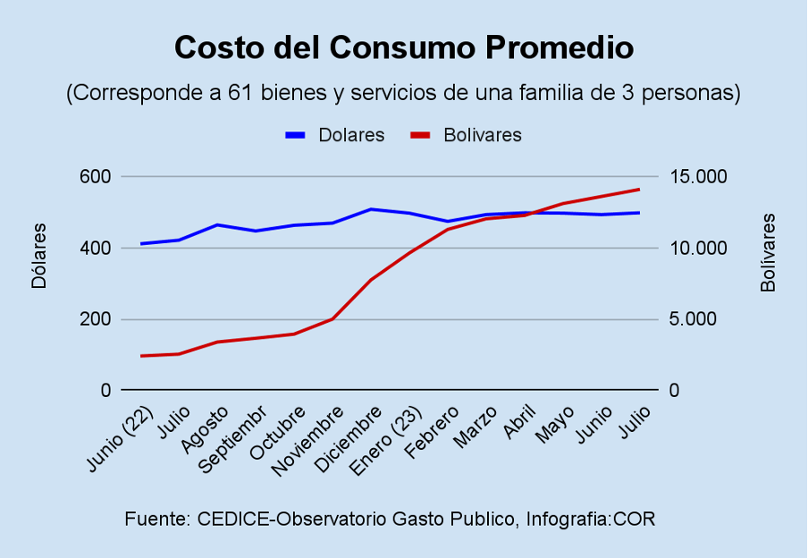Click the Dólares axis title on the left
click(39, 256)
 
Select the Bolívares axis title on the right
click(768, 252)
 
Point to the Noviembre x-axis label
click(309, 441)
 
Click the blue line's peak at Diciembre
click(371, 209)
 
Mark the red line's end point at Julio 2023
click(639, 190)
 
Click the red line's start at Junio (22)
click(141, 356)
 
